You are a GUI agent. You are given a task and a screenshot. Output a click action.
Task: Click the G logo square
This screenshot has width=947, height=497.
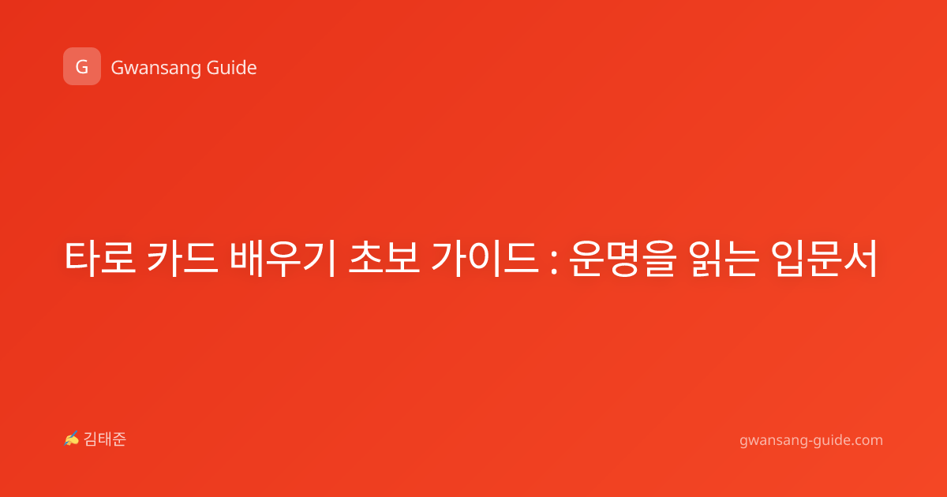pos(82,66)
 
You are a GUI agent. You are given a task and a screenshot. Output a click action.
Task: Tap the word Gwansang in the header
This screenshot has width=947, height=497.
pos(155,69)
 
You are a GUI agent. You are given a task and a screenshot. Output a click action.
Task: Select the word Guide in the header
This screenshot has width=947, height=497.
pos(232,67)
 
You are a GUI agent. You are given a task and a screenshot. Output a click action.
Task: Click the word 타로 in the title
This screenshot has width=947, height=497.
pos(99,258)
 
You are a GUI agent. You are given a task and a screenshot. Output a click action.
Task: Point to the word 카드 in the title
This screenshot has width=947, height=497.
pos(182,258)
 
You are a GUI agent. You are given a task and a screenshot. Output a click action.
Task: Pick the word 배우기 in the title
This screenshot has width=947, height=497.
pos(283,258)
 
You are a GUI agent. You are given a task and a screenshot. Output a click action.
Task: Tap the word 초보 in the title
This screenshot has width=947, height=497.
pos(384,258)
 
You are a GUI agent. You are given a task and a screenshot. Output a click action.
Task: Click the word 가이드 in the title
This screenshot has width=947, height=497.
pos(485,258)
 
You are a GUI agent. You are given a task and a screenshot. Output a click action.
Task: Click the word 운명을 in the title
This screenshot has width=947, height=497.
pos(623,258)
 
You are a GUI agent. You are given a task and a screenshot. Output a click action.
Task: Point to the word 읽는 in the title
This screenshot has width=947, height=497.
pos(724,258)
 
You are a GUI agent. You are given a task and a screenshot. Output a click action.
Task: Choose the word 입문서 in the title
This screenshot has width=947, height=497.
pos(824,258)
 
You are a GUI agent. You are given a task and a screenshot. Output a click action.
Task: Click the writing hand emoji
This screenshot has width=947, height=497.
pos(72,439)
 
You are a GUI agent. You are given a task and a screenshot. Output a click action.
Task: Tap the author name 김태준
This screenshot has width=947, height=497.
pos(105,439)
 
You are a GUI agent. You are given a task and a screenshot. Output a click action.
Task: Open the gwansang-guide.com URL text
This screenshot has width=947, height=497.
pos(811,441)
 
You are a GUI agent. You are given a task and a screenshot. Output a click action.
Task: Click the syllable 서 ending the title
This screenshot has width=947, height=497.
pos(860,258)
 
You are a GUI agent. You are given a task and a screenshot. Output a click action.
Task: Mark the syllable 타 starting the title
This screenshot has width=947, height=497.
pos(82,258)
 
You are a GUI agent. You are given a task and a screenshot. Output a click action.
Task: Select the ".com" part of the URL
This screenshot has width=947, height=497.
pos(867,441)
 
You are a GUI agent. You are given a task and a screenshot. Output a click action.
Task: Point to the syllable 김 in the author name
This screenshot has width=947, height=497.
pos(91,439)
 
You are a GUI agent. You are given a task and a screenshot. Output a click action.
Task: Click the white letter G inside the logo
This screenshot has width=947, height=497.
pos(82,67)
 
